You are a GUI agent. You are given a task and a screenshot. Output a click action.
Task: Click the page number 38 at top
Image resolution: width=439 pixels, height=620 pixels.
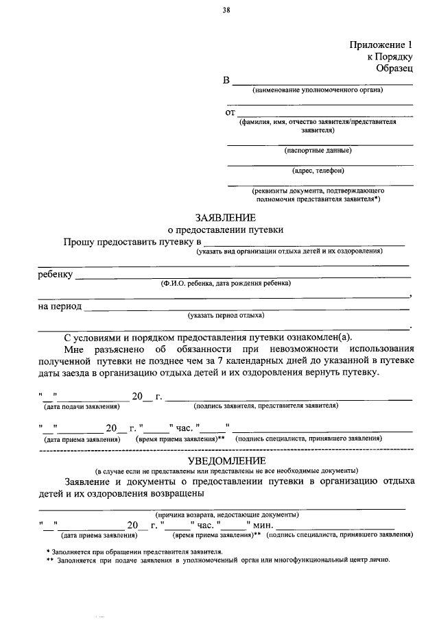226,10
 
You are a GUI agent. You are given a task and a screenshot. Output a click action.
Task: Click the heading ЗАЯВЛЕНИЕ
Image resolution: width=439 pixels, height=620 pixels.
225,218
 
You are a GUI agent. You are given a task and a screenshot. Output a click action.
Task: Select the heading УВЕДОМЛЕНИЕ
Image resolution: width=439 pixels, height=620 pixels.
226,460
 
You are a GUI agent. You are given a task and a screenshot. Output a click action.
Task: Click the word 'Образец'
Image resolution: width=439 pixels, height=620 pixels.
394,69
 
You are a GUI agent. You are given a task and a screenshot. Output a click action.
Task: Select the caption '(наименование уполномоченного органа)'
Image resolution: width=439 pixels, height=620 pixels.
317,90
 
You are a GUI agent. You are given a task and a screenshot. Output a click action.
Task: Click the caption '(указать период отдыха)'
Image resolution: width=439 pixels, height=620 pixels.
226,316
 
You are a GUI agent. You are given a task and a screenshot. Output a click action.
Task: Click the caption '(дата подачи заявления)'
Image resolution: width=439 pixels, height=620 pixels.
77,407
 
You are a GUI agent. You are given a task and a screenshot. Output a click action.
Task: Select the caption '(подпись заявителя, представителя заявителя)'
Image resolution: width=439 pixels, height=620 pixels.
266,406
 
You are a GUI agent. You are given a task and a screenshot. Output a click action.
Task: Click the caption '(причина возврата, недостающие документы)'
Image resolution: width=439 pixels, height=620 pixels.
226,514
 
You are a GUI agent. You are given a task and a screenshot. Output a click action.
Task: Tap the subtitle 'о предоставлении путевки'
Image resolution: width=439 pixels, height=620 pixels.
225,230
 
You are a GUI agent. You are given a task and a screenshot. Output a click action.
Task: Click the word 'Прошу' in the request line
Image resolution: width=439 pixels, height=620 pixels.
79,243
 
